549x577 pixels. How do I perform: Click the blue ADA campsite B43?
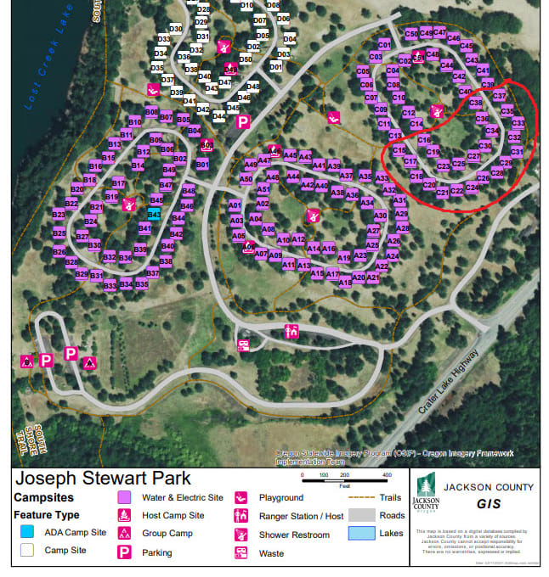(x=155, y=214)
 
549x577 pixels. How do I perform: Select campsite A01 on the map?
(x=235, y=205)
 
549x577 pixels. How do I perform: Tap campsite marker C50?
(x=411, y=34)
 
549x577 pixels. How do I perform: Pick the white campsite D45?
(x=233, y=108)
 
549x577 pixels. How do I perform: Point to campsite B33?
(x=110, y=285)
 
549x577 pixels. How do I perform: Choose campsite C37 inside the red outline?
(x=499, y=96)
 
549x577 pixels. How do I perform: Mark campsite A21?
(x=372, y=277)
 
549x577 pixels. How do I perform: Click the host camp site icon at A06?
(x=248, y=248)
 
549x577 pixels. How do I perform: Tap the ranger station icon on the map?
(x=291, y=332)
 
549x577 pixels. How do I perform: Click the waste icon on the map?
(x=243, y=345)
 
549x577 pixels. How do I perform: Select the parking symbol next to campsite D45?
(x=243, y=122)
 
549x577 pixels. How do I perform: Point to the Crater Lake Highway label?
(x=447, y=380)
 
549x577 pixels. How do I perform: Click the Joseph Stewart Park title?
(x=104, y=479)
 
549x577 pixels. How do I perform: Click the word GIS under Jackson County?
(x=489, y=504)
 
